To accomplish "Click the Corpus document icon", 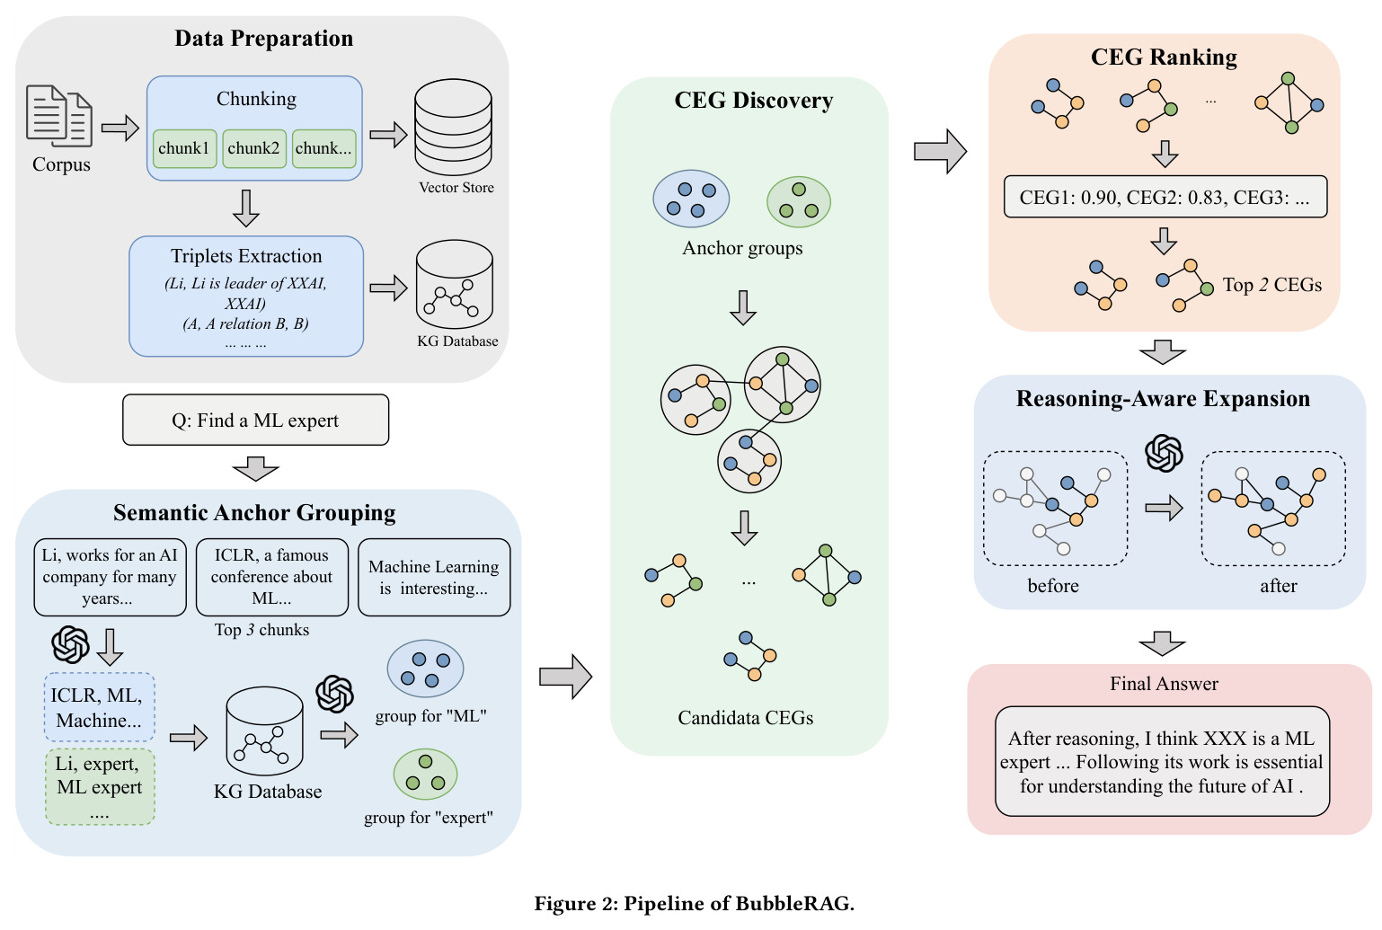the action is click(x=59, y=115).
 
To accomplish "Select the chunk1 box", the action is click(x=184, y=149).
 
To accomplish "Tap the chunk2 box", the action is click(x=254, y=149).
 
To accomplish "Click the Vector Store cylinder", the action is click(x=453, y=127).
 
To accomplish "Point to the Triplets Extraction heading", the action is click(x=246, y=256).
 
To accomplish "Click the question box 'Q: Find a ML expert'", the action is click(x=255, y=420).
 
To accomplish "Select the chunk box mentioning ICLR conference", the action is click(x=272, y=577).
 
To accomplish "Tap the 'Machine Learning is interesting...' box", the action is click(x=434, y=577).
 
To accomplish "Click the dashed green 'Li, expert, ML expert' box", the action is click(x=100, y=787).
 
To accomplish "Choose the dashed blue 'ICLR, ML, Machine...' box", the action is click(x=100, y=707).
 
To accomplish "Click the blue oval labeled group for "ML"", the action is click(x=425, y=669).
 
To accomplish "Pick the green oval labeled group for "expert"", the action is click(x=425, y=774).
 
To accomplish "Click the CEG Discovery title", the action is click(x=753, y=100).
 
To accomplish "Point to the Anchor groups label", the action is click(x=742, y=248).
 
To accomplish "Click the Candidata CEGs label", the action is click(x=745, y=718).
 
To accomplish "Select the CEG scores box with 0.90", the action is click(x=1165, y=197).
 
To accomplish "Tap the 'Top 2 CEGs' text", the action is click(x=1272, y=285).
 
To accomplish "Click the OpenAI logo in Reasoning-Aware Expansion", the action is click(x=1164, y=453).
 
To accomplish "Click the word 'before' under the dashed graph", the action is click(x=1052, y=585).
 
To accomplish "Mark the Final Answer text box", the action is click(x=1163, y=762).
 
